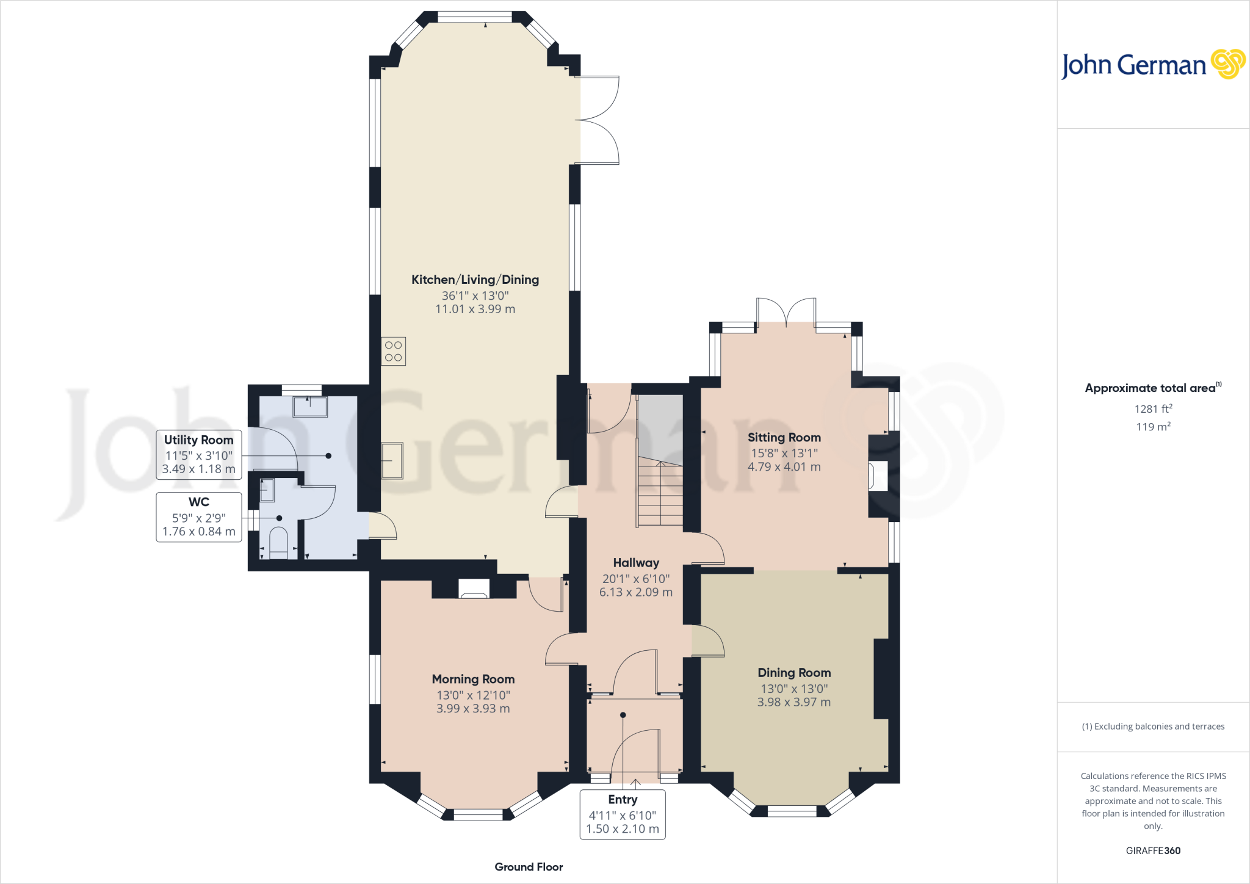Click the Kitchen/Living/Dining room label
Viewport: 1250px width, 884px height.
pos(475,280)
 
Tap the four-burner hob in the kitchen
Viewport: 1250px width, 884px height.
pos(394,351)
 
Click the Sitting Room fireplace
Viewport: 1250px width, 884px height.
pos(878,476)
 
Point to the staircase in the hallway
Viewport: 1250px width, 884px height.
pos(660,495)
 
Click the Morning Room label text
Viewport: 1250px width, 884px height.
pos(473,679)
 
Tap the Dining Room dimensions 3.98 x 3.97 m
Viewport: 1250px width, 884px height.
pos(794,702)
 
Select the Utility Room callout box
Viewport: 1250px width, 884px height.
pos(199,455)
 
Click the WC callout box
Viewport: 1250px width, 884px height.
pos(199,517)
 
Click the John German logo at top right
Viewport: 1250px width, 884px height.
pos(1153,65)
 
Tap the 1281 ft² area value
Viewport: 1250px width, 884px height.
pos(1153,408)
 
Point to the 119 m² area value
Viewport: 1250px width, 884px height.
pos(1153,426)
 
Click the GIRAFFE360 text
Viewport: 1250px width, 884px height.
pos(1153,850)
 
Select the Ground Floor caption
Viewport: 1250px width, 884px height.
pos(529,867)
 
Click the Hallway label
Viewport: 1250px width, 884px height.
pos(636,563)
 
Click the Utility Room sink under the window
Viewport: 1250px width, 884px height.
pos(310,407)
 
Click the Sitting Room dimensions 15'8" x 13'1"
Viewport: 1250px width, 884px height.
pos(784,453)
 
